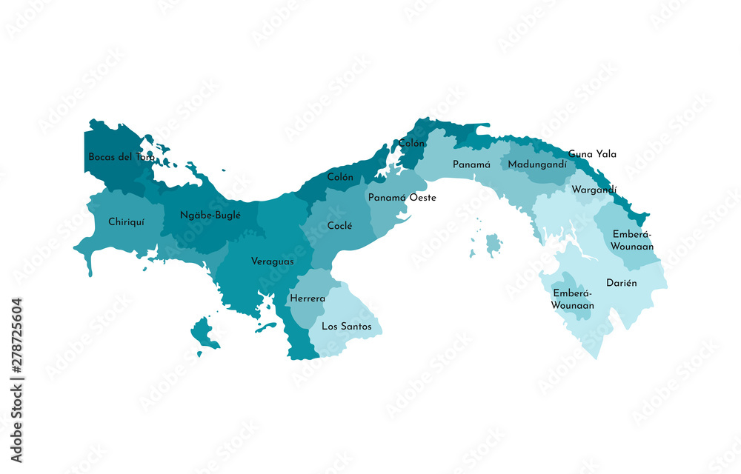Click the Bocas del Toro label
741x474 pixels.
[x=122, y=157]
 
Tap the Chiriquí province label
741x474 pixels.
[x=126, y=221]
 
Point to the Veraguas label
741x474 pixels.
[x=272, y=261]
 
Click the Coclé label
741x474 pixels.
[x=339, y=226]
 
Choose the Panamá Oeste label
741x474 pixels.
[x=402, y=198]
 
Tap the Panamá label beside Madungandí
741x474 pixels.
[x=472, y=164]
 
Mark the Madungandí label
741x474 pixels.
[x=537, y=164]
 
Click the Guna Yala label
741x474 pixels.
[x=592, y=154]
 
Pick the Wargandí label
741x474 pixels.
[x=594, y=190]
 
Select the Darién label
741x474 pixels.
[x=622, y=284]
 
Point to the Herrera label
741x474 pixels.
[x=308, y=298]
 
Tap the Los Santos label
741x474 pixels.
[x=347, y=326]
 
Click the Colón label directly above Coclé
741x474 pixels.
[x=340, y=178]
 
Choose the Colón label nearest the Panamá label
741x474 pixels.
[x=411, y=143]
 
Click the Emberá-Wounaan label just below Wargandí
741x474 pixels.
[x=633, y=240]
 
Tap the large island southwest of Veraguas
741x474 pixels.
[x=204, y=333]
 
